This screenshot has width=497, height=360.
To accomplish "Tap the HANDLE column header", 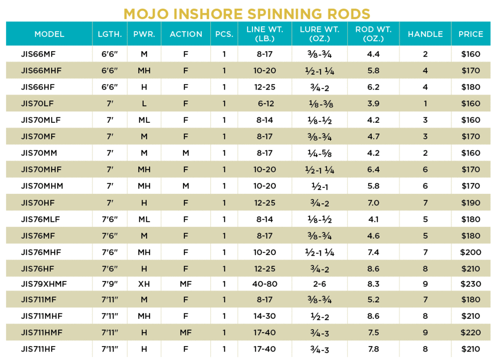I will pyautogui.click(x=425, y=34).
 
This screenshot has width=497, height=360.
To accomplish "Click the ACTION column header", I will pyautogui.click(x=186, y=34).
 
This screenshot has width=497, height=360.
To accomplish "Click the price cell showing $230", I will pyautogui.click(x=471, y=283).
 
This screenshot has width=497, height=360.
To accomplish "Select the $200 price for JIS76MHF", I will pyautogui.click(x=471, y=252).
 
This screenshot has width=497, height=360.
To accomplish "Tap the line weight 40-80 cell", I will pyautogui.click(x=265, y=283).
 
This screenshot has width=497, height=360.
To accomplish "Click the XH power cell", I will pyautogui.click(x=144, y=283).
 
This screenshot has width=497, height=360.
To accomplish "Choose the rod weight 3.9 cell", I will pyautogui.click(x=373, y=103).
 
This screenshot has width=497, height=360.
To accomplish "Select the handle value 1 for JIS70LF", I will pyautogui.click(x=425, y=103).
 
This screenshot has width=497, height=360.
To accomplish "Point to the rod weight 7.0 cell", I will pyautogui.click(x=373, y=203).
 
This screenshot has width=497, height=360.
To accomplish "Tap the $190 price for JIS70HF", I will pyautogui.click(x=471, y=203).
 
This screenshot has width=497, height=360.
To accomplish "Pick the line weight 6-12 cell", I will pyautogui.click(x=265, y=103).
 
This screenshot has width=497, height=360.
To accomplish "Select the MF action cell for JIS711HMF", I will pyautogui.click(x=186, y=333).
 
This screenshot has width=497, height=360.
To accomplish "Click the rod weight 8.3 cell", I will pyautogui.click(x=373, y=283).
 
